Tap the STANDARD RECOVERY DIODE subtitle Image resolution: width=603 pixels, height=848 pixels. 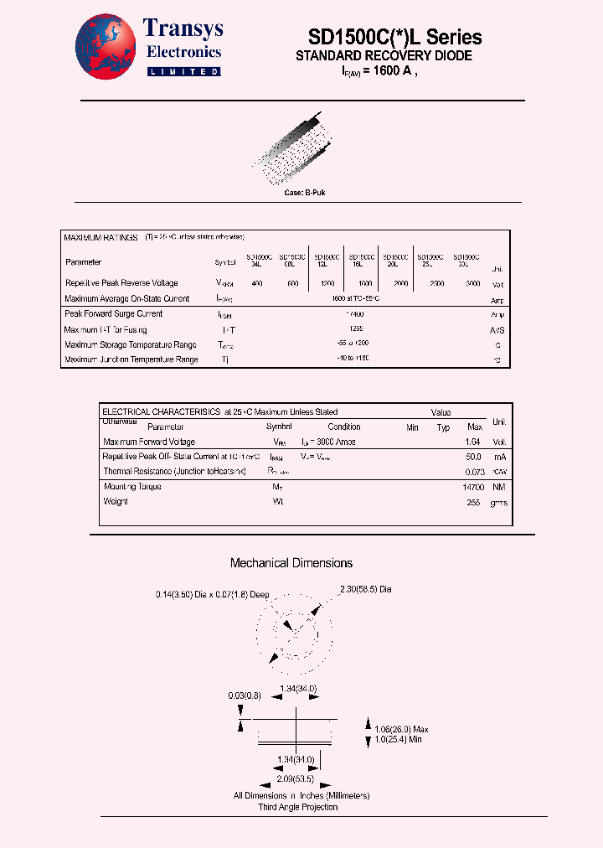pos(384,56)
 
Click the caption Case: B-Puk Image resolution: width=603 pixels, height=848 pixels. pos(305,193)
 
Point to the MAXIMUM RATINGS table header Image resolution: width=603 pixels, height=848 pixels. pos(100,238)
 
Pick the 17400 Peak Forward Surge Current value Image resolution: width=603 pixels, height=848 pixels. pos(362,314)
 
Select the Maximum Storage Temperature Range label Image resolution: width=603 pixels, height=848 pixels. pos(131,344)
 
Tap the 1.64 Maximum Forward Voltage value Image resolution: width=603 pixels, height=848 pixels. pos(473,442)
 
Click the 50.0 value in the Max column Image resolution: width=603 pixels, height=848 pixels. pos(473,457)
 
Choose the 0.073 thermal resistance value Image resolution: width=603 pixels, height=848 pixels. pos(473,472)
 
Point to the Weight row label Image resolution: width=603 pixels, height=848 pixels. pos(116,501)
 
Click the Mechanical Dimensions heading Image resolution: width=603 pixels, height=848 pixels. pos(291,563)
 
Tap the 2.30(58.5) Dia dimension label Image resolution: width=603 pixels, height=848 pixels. pos(366,590)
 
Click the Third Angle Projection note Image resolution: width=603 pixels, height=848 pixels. pos(297,807)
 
